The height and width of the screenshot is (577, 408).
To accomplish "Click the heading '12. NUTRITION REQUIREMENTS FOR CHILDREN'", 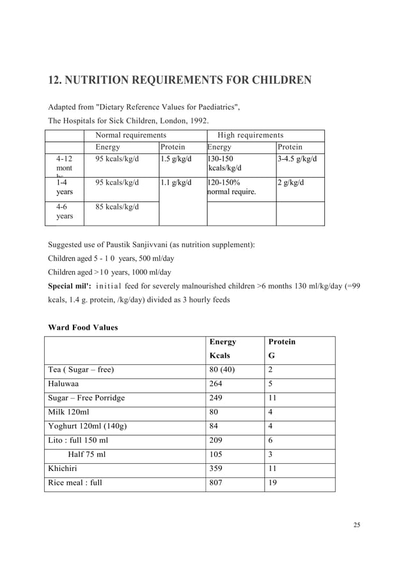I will coord(180,81).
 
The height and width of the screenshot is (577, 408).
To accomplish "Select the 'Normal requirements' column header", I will coord(130,135).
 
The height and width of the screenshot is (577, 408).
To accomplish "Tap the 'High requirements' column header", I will coord(250,135).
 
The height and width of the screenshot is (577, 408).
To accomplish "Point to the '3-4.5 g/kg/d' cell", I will coord(297,158).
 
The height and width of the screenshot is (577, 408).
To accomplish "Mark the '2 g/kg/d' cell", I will coord(290,183).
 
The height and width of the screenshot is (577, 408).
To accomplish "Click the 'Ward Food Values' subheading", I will coord(83,328).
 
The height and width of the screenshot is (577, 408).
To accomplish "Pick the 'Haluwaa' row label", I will coord(66,384).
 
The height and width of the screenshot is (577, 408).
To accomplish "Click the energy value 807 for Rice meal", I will coord(218,483).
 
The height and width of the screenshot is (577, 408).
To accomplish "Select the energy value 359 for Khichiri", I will coord(218,468).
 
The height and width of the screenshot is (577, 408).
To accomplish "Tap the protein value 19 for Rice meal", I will coord(272,483).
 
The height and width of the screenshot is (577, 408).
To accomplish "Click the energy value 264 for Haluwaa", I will coord(218,384).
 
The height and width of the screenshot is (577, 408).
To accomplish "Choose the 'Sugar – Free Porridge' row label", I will coord(86,398).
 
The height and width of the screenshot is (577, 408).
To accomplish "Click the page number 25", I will coord(357,525).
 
